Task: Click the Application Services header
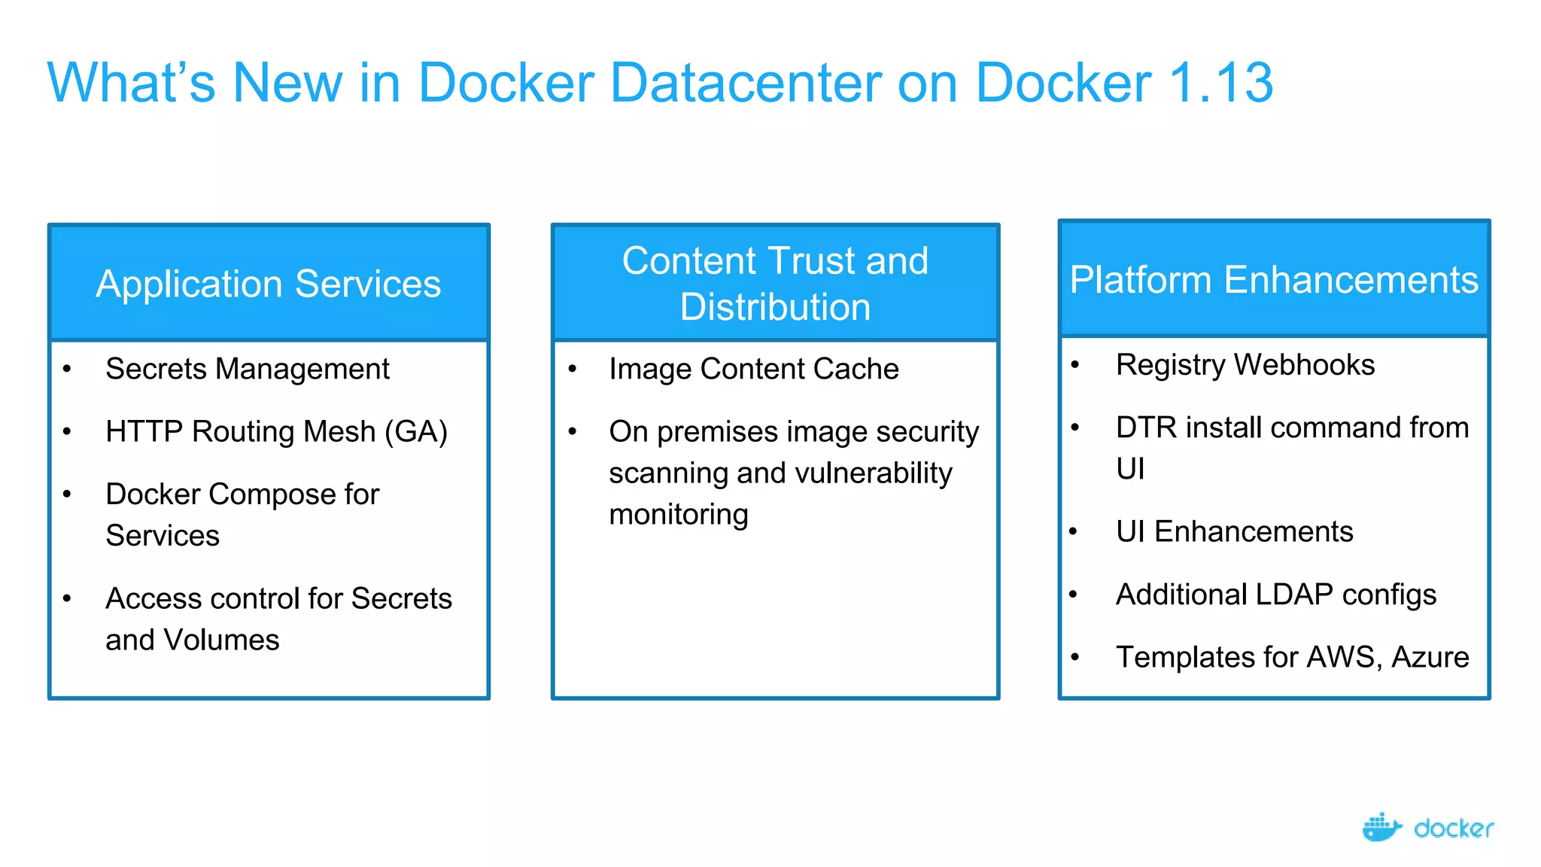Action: pyautogui.click(x=269, y=284)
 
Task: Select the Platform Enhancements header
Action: pyautogui.click(x=1273, y=280)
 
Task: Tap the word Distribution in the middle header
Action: pyautogui.click(x=775, y=307)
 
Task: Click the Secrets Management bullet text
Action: pyautogui.click(x=248, y=369)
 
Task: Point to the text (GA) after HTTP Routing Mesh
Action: pyautogui.click(x=416, y=432)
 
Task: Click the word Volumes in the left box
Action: pyautogui.click(x=221, y=640)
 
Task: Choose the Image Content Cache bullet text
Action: pyautogui.click(x=753, y=369)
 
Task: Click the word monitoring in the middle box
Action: pyautogui.click(x=678, y=515)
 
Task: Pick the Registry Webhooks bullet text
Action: pyautogui.click(x=1245, y=365)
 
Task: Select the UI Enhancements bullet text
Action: pyautogui.click(x=1234, y=531)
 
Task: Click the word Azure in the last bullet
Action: pyautogui.click(x=1430, y=657)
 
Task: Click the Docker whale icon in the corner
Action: pyautogui.click(x=1381, y=827)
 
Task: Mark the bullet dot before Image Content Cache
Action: pyautogui.click(x=573, y=369)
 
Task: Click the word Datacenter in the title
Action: pyautogui.click(x=745, y=83)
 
